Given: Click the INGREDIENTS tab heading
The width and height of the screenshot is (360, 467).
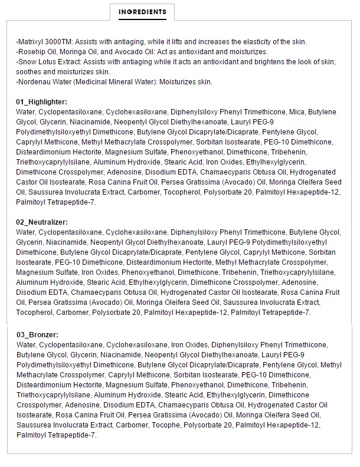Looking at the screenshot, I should coord(142,12).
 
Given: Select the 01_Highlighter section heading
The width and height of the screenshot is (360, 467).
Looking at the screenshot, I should coord(41,102).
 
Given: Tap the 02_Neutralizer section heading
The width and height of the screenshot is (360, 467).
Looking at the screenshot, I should coord(42,222).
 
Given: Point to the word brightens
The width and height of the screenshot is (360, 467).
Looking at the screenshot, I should coord(276,61).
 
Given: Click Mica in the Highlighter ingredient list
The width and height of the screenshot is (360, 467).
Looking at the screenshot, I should coord(297,112).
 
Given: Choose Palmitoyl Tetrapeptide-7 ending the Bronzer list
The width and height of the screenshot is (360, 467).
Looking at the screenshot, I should coord(56,435).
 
